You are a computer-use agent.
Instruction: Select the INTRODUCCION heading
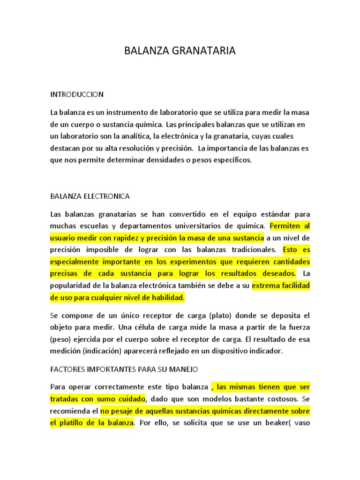pyautogui.click(x=77, y=94)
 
